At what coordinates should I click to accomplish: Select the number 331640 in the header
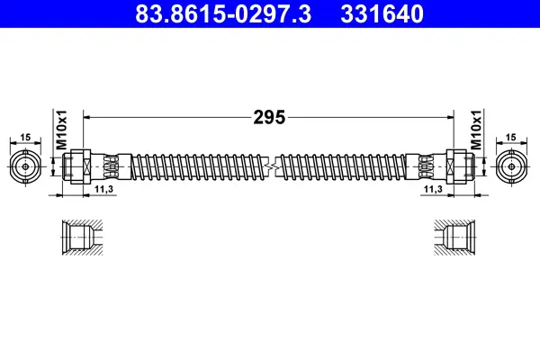382,14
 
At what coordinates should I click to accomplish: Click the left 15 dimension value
25,137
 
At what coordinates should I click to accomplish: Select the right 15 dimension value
512,137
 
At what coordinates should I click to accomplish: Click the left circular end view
26,166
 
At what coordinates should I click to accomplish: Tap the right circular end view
512,166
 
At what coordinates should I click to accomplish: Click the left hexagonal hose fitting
76,166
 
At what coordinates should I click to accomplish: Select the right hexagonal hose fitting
461,166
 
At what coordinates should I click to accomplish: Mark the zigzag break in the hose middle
269,166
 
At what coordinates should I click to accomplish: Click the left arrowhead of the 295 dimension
87,117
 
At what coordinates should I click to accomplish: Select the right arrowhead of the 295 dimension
450,117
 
